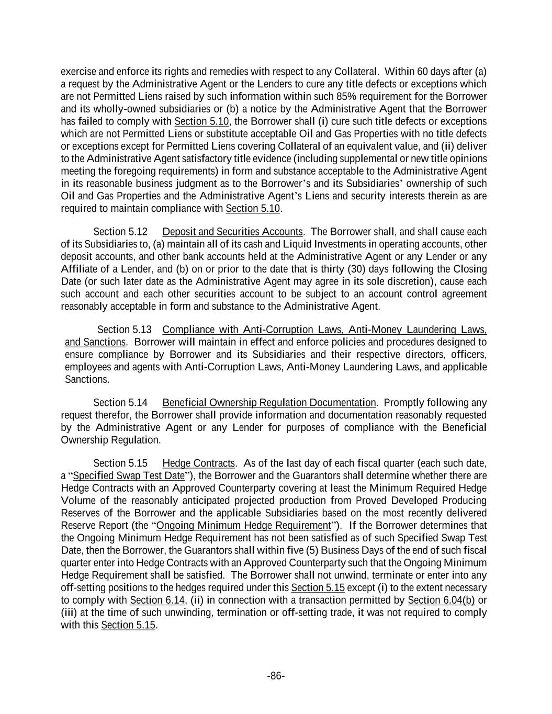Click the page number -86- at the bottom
tap(276, 676)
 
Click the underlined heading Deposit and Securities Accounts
tap(232, 232)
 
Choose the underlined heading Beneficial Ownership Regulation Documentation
tap(269, 403)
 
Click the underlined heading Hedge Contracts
tap(198, 463)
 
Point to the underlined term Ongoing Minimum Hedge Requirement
tap(243, 526)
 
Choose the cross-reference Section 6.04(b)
tap(441, 600)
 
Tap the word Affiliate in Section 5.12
tap(79, 269)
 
